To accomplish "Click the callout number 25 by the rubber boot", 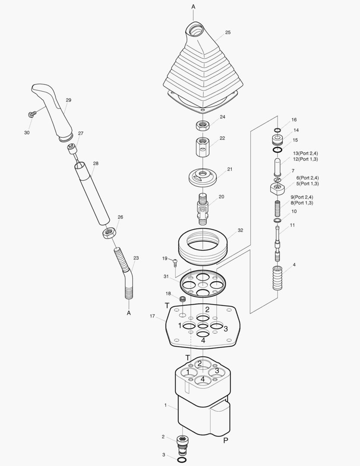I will (x=227, y=32).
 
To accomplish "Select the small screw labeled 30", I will (x=31, y=114).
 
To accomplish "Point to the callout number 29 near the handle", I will (x=68, y=100).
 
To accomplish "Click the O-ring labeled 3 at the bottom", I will (x=182, y=460).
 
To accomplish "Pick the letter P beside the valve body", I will (x=225, y=441).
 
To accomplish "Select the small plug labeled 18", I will (x=182, y=299).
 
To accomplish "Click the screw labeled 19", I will (x=175, y=261).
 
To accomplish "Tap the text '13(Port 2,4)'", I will (x=305, y=153).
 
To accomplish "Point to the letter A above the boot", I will (x=193, y=7).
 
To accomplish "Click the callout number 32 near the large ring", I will (x=240, y=230).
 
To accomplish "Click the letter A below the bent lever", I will (x=129, y=313).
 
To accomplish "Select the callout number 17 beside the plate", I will (x=152, y=316).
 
